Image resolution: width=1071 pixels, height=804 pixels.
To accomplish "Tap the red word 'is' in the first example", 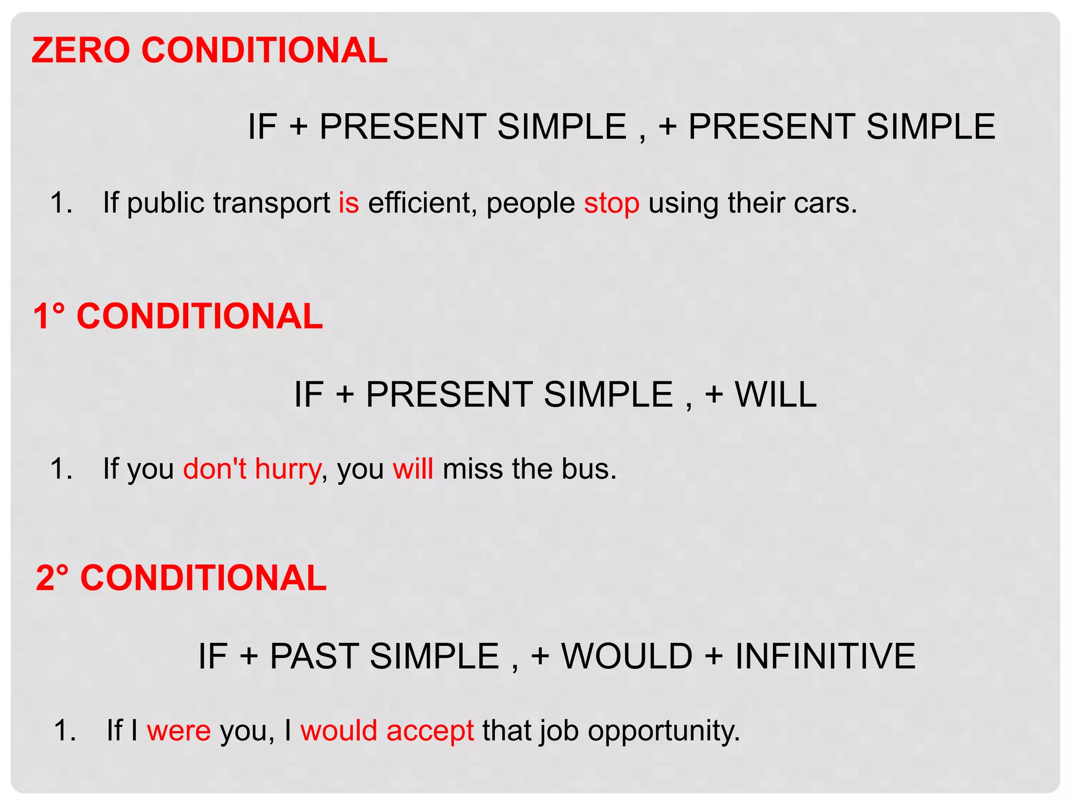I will point(349,203).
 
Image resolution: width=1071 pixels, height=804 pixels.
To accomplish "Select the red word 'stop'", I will point(611,204).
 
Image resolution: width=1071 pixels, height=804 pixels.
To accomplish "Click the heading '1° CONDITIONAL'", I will point(178,316).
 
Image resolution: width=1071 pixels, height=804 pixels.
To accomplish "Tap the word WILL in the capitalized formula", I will point(776,394).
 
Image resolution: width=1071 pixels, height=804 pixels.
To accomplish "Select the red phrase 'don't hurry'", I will point(252,468).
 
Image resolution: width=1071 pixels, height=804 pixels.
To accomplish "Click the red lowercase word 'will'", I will point(413,468).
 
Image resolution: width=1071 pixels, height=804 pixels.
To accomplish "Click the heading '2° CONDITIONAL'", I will point(181,578).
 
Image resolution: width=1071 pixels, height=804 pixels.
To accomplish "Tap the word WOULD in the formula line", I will point(626,656).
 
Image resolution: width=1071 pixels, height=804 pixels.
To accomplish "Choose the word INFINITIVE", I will point(825,656).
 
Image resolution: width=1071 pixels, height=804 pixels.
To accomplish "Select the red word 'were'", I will point(179,730).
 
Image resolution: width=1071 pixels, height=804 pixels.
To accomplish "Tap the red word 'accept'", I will point(430,730).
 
